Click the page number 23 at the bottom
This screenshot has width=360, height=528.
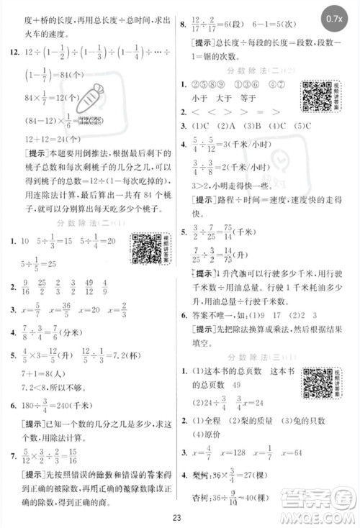pyautogui.click(x=180, y=514)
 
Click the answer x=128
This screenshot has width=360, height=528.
pyautogui.click(x=238, y=452)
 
